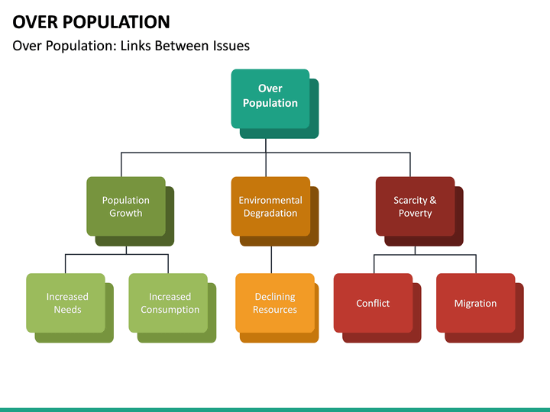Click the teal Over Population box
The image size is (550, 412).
[x=270, y=98]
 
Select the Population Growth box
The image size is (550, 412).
[x=126, y=206]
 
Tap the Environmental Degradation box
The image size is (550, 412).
[x=270, y=206]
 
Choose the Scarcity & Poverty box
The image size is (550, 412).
[x=415, y=206]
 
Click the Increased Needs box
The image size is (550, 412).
[x=66, y=303]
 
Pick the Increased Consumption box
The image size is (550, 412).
[x=169, y=303]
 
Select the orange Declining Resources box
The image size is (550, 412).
[x=274, y=303]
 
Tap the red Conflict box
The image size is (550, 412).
[x=373, y=303]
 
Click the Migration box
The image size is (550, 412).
[x=475, y=303]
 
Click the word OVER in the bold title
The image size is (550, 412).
[x=34, y=21]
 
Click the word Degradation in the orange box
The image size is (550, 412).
[x=270, y=214]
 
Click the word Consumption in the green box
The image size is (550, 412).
[x=170, y=310]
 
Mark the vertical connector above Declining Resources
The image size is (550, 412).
[x=271, y=259]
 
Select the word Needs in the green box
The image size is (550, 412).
[x=67, y=310]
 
